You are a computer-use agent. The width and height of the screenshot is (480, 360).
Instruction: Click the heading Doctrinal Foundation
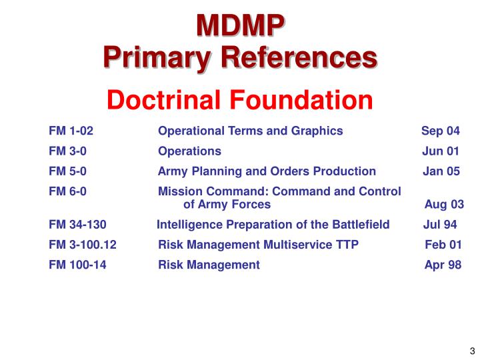point(240,101)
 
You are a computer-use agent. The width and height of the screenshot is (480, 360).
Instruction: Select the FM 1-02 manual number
point(71,131)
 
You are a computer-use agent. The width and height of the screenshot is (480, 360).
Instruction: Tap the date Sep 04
point(441,131)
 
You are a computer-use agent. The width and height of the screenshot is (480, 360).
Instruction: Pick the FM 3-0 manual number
point(67,151)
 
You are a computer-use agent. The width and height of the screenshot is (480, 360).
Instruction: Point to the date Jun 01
point(441,151)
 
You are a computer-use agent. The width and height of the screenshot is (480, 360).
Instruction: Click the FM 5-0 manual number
point(67,171)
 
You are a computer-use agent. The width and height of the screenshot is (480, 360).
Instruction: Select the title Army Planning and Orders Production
point(267,171)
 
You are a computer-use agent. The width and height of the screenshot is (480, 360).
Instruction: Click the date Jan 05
point(441,171)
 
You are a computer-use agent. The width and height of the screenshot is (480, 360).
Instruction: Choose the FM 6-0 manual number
point(67,192)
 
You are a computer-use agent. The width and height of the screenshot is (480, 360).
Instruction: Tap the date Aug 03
point(444,205)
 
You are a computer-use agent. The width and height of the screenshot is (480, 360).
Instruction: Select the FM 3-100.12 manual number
point(83,245)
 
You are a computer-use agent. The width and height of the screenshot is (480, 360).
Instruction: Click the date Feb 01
point(443,245)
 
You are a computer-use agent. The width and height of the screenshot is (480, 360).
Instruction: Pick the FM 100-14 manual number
point(77,265)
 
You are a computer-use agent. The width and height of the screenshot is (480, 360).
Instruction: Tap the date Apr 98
point(443,265)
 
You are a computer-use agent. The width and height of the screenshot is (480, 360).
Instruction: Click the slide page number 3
point(471,351)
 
